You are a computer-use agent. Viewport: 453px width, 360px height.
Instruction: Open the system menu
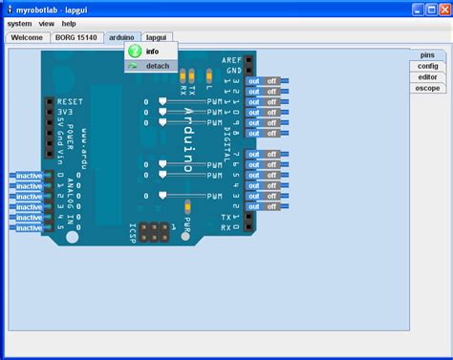pyautogui.click(x=19, y=23)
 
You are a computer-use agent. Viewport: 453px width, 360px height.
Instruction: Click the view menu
pyautogui.click(x=46, y=23)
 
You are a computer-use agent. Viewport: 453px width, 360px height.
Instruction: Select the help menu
pyautogui.click(x=69, y=23)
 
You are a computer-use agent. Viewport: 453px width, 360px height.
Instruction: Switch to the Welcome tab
pyautogui.click(x=27, y=37)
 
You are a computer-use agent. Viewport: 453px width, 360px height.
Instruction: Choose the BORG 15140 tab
pyautogui.click(x=76, y=37)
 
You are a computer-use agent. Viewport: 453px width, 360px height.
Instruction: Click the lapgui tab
pyautogui.click(x=156, y=37)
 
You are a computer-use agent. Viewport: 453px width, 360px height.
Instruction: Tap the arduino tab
pyautogui.click(x=121, y=37)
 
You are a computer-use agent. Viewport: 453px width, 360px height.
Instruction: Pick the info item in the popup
pyautogui.click(x=153, y=51)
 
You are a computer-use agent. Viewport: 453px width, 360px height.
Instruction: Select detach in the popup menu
pyautogui.click(x=158, y=66)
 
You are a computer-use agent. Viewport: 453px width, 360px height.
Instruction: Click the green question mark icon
pyautogui.click(x=135, y=51)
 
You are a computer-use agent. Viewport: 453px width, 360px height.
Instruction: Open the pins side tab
pyautogui.click(x=427, y=55)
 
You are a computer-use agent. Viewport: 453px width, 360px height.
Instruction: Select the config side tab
pyautogui.click(x=427, y=66)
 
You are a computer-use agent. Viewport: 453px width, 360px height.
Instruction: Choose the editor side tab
pyautogui.click(x=427, y=76)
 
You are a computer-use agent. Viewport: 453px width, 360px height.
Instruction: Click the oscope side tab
pyautogui.click(x=427, y=87)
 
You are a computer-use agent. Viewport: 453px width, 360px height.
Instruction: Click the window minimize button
pyautogui.click(x=418, y=9)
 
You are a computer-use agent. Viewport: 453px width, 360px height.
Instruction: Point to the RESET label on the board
pyautogui.click(x=71, y=100)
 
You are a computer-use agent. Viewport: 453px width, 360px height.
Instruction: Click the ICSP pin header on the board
pyautogui.click(x=150, y=232)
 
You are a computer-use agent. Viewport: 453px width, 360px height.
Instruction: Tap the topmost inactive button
pyautogui.click(x=29, y=176)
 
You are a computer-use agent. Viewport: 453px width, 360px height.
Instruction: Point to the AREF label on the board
pyautogui.click(x=230, y=59)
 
